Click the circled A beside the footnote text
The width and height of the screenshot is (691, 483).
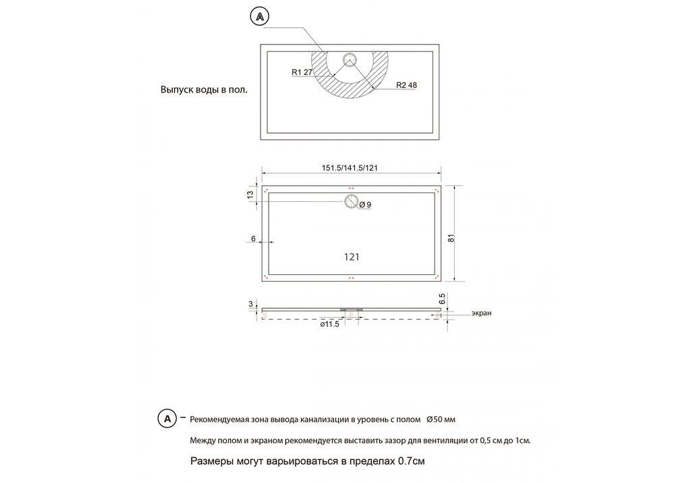[x=167, y=419]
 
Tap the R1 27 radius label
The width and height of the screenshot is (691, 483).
[x=302, y=72]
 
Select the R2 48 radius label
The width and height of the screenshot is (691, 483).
[x=407, y=85]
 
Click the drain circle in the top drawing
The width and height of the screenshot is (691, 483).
[x=350, y=60]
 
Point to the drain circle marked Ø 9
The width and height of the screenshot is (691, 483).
[x=351, y=201]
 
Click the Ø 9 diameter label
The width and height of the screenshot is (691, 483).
[x=365, y=205]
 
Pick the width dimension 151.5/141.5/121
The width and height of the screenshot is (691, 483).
[x=349, y=168]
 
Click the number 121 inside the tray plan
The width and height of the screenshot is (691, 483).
[x=351, y=257]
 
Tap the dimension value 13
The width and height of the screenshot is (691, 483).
[x=250, y=195]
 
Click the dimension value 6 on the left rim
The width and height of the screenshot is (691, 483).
[x=253, y=238]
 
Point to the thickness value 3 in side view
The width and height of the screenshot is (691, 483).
[x=250, y=305]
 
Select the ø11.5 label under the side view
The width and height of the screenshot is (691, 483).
[x=329, y=325]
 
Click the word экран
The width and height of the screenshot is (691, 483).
[x=481, y=313]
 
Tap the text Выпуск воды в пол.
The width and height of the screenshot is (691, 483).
[x=204, y=89]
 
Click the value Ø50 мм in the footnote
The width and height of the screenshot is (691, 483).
[x=441, y=420]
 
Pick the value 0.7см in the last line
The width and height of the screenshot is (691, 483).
[x=411, y=462]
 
